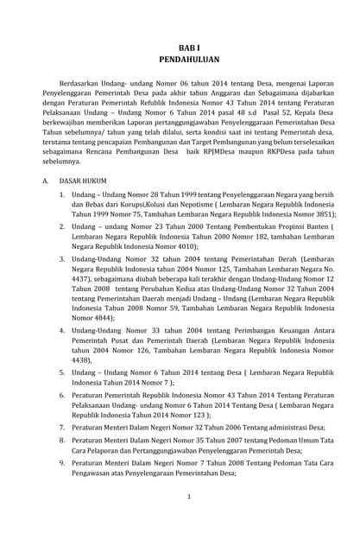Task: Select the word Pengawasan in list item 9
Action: click(98, 473)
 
